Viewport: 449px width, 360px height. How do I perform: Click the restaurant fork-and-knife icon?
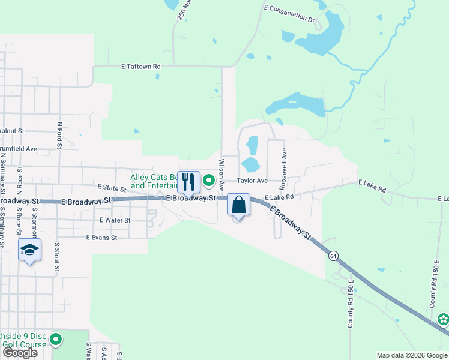[188, 182]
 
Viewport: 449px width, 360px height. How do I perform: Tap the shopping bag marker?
[239, 205]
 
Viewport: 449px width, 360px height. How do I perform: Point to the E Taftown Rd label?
[141, 67]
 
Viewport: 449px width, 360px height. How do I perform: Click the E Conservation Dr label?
[289, 13]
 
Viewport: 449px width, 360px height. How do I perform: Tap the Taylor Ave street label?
[251, 180]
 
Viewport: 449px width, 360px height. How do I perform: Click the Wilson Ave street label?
[221, 171]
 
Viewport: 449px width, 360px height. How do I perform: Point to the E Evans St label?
[101, 238]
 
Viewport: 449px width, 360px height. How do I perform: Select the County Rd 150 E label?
[349, 308]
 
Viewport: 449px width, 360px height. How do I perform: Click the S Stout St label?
[58, 256]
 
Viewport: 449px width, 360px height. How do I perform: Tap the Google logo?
[20, 353]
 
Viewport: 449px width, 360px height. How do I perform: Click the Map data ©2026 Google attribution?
[411, 355]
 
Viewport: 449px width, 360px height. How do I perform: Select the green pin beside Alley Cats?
[209, 180]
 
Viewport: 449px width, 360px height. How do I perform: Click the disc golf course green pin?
[56, 340]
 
